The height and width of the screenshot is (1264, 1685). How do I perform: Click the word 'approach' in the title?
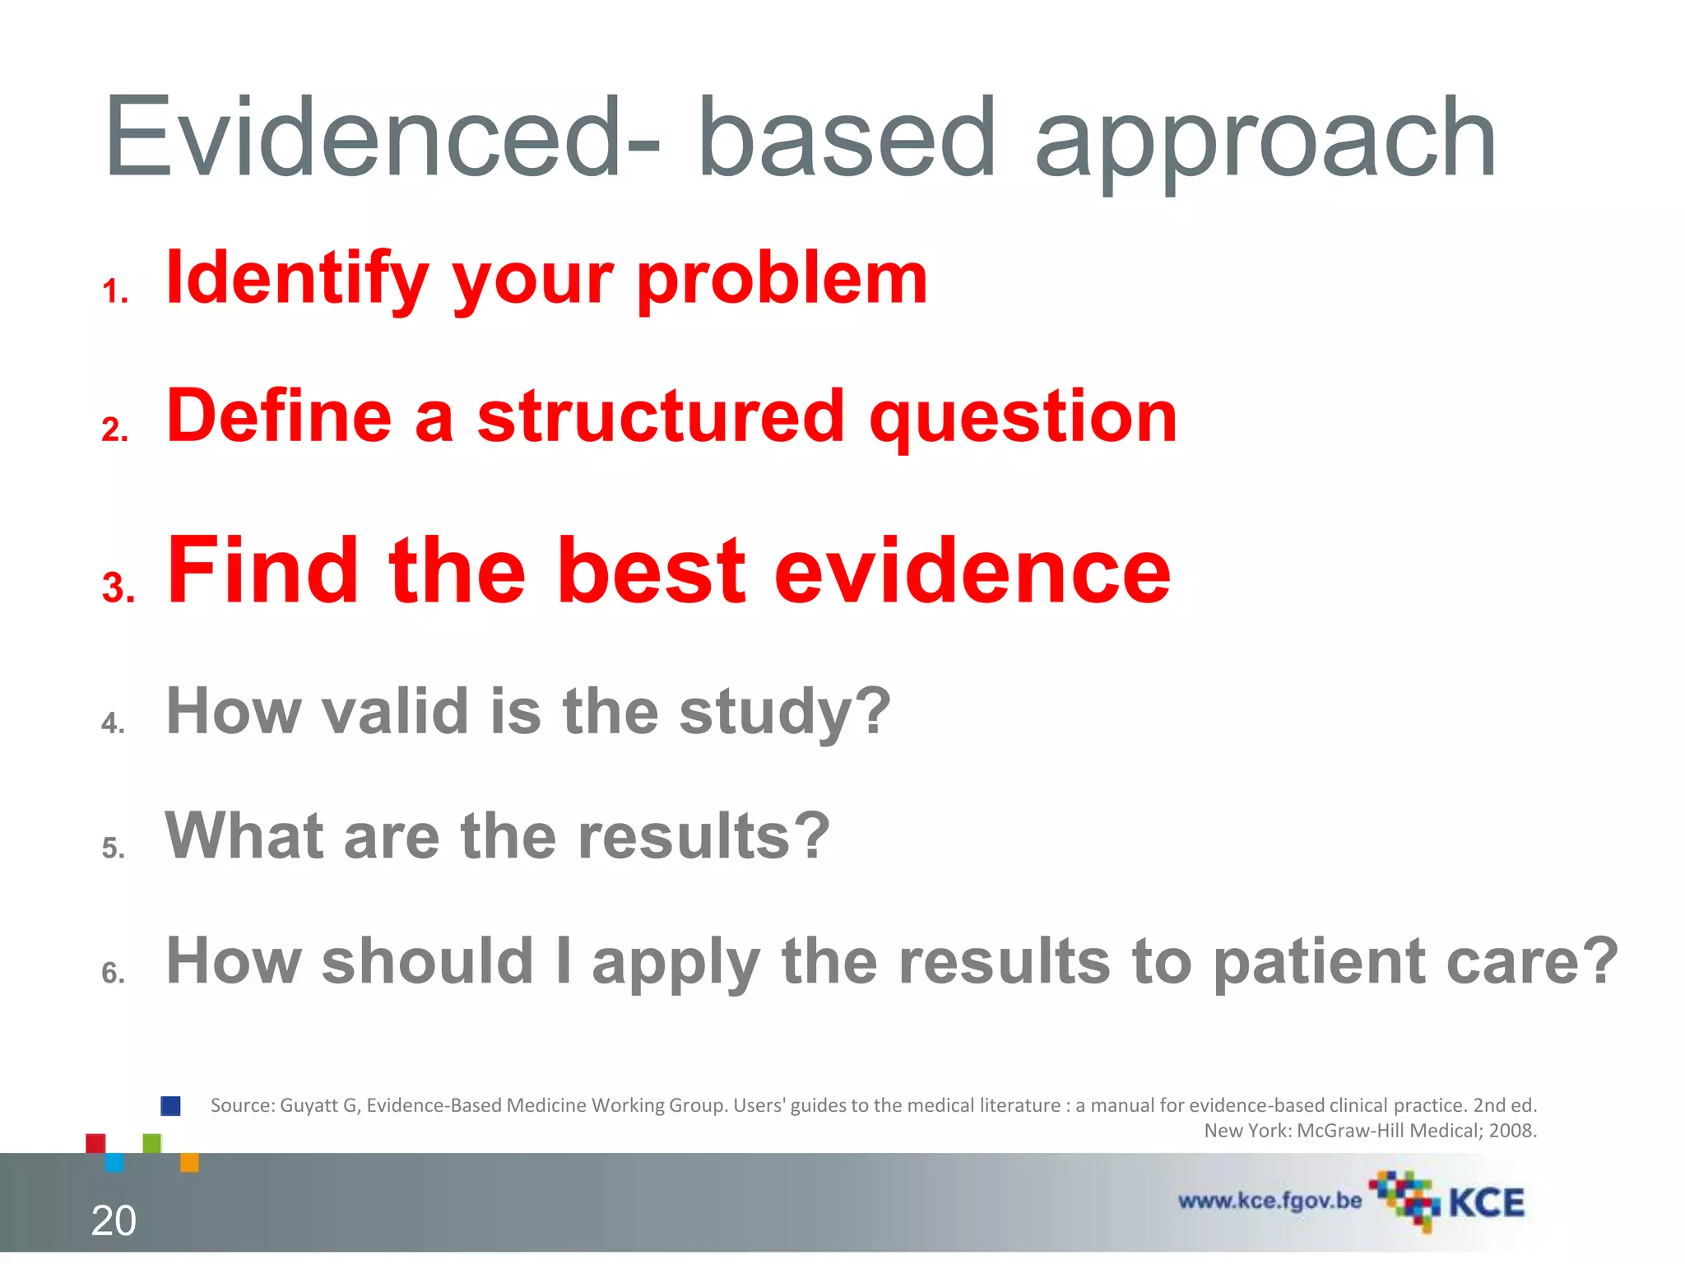1265,140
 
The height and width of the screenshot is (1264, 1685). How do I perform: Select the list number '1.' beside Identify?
115,292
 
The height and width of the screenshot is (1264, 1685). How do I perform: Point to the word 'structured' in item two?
661,416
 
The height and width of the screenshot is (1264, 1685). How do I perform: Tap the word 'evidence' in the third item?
972,571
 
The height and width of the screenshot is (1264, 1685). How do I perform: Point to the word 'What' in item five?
245,835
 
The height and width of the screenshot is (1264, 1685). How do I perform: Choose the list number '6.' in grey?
114,974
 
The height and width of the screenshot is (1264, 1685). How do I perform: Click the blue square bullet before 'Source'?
170,1106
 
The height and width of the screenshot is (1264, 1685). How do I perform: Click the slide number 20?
114,1220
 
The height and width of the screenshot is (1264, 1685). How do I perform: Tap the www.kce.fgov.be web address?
1270,1201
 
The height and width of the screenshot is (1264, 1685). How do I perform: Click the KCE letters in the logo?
1486,1203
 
